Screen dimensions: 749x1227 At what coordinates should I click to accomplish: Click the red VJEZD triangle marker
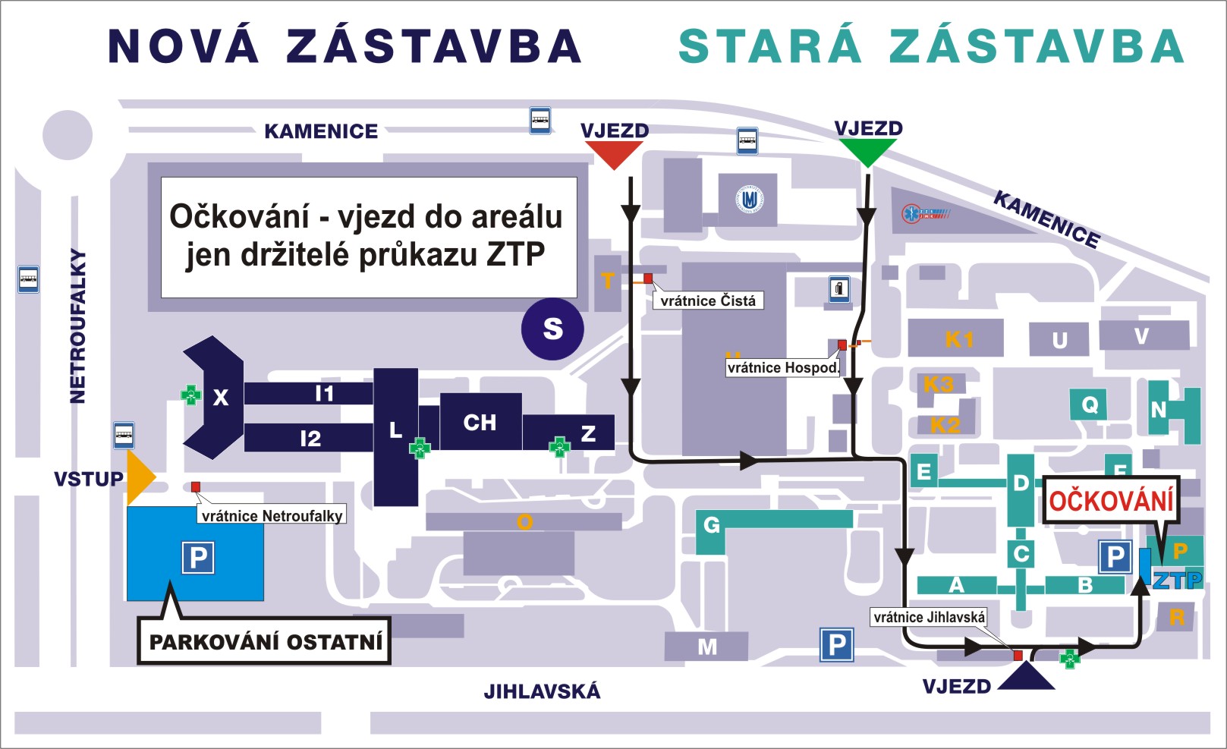614,154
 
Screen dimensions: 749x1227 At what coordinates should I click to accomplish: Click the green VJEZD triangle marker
867,152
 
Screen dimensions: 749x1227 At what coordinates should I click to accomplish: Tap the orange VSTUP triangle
139,477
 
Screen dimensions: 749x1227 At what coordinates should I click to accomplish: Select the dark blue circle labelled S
552,329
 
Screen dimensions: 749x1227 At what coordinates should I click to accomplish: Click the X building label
220,397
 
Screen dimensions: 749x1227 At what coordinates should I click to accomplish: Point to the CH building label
480,423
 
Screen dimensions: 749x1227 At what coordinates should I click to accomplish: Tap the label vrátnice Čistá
707,301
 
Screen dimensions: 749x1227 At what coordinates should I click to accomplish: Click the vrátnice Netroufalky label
272,516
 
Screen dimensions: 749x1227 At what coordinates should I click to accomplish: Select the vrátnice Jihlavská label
929,617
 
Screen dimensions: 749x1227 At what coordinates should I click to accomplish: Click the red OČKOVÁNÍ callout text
1111,502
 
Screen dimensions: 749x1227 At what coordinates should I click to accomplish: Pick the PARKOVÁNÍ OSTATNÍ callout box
265,642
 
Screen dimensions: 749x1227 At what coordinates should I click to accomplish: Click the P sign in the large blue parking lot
198,558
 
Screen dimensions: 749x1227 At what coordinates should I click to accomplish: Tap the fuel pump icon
838,288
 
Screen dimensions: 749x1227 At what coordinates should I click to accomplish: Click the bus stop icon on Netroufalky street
28,279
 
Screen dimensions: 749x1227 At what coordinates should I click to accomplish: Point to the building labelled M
706,647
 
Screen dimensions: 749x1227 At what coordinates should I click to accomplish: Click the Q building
1090,404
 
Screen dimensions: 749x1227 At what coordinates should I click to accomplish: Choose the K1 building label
958,339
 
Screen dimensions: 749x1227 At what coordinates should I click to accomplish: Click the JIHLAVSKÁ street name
542,691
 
